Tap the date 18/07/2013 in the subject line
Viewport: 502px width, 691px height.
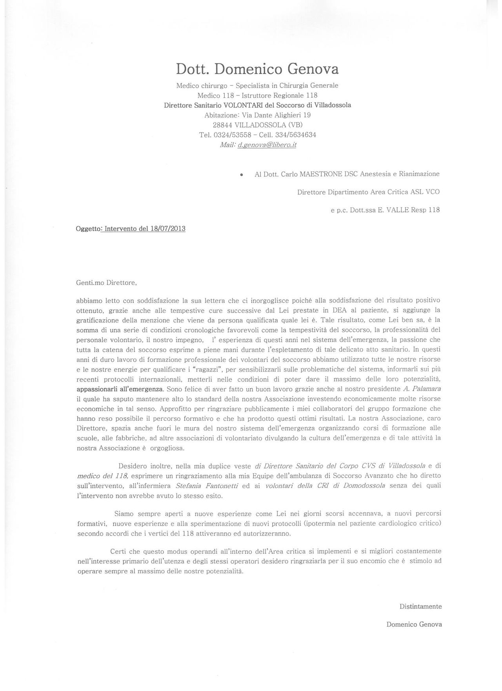(x=168, y=229)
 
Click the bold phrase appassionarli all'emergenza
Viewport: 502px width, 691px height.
(x=120, y=389)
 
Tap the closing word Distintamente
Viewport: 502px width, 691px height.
(x=420, y=606)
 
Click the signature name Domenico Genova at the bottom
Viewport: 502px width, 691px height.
(x=414, y=624)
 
